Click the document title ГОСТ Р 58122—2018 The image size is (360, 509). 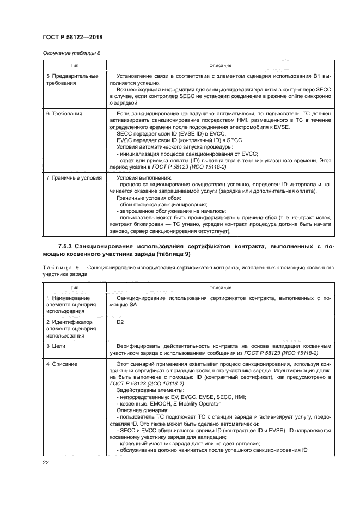coord(72,36)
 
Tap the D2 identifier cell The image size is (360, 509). coord(121,322)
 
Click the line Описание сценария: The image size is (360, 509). coord(139,410)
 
